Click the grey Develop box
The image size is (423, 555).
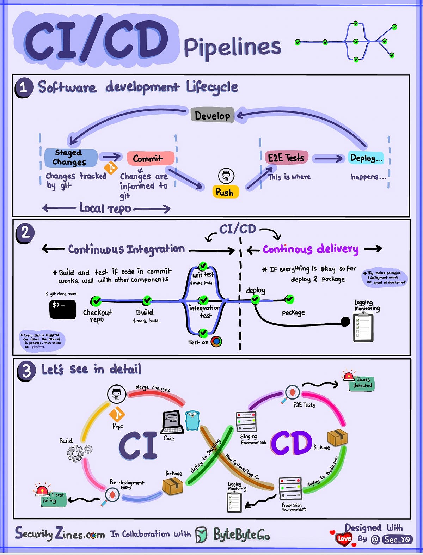click(212, 115)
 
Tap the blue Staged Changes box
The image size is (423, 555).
click(70, 158)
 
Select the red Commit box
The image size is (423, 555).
click(150, 158)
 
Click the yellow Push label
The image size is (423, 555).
click(225, 192)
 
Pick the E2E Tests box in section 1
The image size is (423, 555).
click(286, 158)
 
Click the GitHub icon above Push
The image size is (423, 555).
click(226, 175)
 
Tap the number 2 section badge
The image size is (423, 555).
click(25, 233)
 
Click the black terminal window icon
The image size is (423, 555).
click(62, 309)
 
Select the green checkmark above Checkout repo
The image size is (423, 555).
click(96, 301)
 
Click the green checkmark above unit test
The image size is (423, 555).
click(203, 266)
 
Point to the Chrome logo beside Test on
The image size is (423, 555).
click(216, 341)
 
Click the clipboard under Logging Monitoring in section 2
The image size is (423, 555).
click(363, 327)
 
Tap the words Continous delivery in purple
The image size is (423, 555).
click(310, 249)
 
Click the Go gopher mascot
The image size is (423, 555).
click(192, 420)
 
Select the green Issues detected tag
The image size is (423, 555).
click(362, 383)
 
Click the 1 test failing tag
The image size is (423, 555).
click(54, 498)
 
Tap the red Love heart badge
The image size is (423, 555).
click(344, 538)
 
